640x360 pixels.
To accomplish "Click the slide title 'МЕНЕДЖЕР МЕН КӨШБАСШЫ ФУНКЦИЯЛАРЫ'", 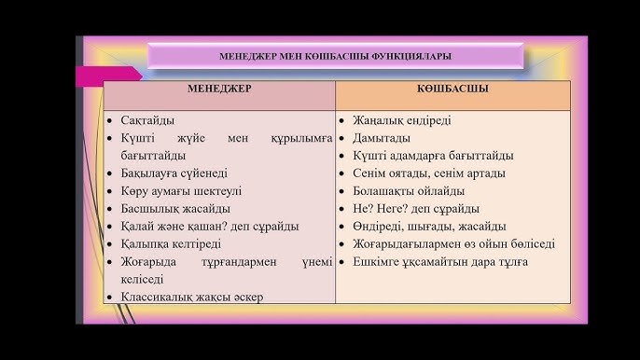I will tap(335, 56).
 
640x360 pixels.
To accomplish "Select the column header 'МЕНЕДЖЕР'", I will tap(219, 89).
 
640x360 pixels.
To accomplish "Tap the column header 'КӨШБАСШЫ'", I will tap(453, 89).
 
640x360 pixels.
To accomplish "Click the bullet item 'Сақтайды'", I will tap(147, 121).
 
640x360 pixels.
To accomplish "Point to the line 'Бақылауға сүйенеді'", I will tap(174, 173).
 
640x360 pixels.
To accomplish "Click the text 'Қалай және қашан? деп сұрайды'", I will tap(209, 227).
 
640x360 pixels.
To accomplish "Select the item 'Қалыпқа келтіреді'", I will tap(170, 244).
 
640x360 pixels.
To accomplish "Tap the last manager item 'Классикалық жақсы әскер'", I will tap(191, 298).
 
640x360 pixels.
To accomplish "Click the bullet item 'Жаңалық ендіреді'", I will tap(401, 121).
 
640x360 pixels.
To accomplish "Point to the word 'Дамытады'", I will tap(381, 138).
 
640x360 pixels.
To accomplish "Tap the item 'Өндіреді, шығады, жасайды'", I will tap(429, 227).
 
